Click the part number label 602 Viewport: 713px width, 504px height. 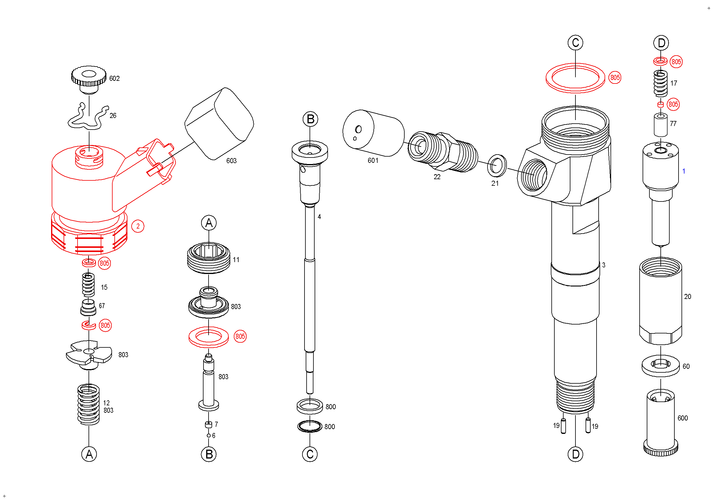tap(114, 78)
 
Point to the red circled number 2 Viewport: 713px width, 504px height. tap(138, 226)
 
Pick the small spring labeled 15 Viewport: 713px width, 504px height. tap(88, 284)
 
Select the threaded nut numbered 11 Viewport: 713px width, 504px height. tap(209, 258)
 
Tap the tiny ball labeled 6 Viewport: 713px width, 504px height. tap(209, 436)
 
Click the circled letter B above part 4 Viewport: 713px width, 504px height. tap(310, 119)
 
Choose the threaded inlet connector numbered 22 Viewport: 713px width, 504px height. tap(443, 152)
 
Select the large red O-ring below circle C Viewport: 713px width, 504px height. tap(575, 78)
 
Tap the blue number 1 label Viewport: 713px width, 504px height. tap(684, 171)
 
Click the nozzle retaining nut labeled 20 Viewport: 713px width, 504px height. tap(660, 301)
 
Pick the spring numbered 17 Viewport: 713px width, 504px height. tap(660, 83)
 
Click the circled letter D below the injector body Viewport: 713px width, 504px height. tap(575, 454)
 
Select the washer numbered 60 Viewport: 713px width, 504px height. tap(660, 366)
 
